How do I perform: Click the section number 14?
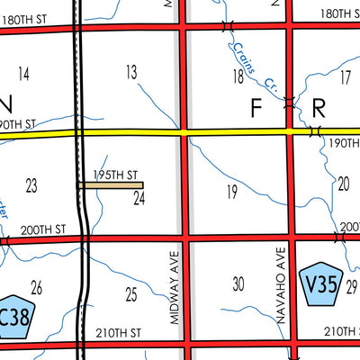tap(23, 73)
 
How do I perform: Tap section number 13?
tap(131, 71)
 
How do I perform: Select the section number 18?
tap(238, 77)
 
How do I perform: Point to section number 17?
tap(345, 77)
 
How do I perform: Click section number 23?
tap(31, 185)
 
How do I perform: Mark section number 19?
tap(231, 191)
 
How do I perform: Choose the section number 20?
tap(343, 184)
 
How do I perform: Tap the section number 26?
tap(36, 288)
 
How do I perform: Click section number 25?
tap(131, 294)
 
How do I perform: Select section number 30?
tap(238, 284)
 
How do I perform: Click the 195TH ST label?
tap(115, 175)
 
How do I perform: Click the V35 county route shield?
tap(319, 285)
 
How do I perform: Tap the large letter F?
tap(255, 109)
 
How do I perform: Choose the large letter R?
tap(319, 109)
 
